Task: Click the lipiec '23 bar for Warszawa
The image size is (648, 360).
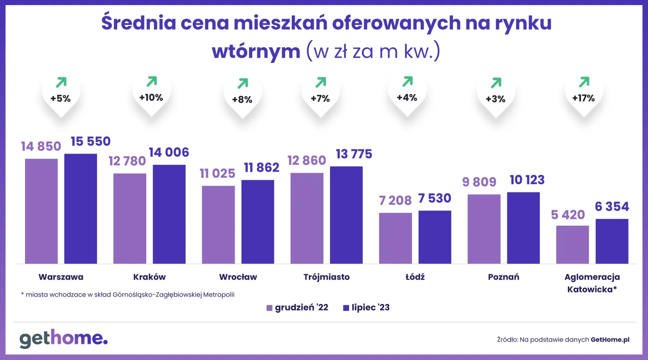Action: pyautogui.click(x=81, y=209)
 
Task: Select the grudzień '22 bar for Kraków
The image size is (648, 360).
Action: pyautogui.click(x=130, y=218)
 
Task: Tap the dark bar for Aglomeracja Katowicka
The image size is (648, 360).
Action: pyautogui.click(x=612, y=241)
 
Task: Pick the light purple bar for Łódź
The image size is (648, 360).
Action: pyautogui.click(x=395, y=238)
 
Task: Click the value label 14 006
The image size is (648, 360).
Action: pyautogui.click(x=168, y=152)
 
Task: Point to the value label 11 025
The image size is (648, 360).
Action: pyautogui.click(x=218, y=174)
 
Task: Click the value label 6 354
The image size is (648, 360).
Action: pyautogui.click(x=612, y=206)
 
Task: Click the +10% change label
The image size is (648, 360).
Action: pyautogui.click(x=151, y=98)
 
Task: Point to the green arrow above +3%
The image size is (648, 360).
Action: pyautogui.click(x=496, y=83)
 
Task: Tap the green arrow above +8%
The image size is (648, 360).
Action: pyautogui.click(x=243, y=83)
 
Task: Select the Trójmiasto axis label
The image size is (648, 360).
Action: pyautogui.click(x=326, y=277)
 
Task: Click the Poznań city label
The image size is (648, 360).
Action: pyautogui.click(x=504, y=277)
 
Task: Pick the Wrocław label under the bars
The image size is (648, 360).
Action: pyautogui.click(x=238, y=277)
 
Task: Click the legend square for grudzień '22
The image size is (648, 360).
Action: pyautogui.click(x=270, y=308)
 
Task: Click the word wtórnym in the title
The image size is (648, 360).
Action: pyautogui.click(x=256, y=51)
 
